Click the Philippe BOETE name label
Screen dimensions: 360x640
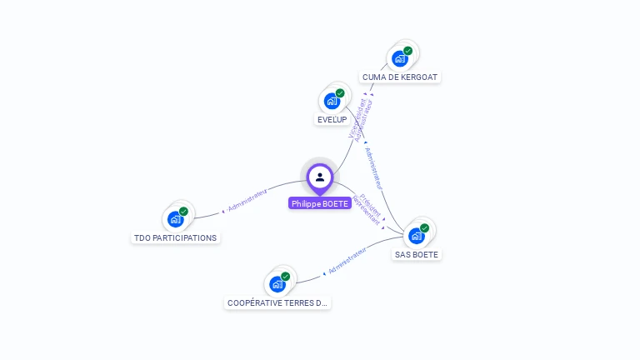(x=320, y=203)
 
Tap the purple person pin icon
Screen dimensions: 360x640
(x=320, y=177)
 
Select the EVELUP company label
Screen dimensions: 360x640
(x=332, y=119)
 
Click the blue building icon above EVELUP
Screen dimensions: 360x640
(x=332, y=102)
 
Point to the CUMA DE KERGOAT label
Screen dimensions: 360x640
(x=400, y=77)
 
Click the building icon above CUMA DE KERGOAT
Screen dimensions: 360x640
(x=400, y=58)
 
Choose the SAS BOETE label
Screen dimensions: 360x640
(x=417, y=254)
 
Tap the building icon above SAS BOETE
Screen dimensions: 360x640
(x=417, y=236)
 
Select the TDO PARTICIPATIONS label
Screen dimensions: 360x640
(x=175, y=237)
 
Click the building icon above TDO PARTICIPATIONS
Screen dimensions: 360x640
(x=175, y=219)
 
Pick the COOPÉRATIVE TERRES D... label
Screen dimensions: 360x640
(x=277, y=302)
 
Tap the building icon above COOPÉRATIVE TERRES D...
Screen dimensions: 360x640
(x=277, y=284)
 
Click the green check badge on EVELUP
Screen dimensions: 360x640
(x=340, y=93)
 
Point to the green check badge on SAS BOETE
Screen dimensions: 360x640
(x=425, y=227)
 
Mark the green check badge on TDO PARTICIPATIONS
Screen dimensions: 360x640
(x=183, y=211)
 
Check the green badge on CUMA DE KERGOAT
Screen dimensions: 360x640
(x=408, y=50)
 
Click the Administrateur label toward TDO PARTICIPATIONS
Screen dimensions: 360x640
(x=247, y=198)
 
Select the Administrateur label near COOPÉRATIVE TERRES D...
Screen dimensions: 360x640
(x=347, y=261)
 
